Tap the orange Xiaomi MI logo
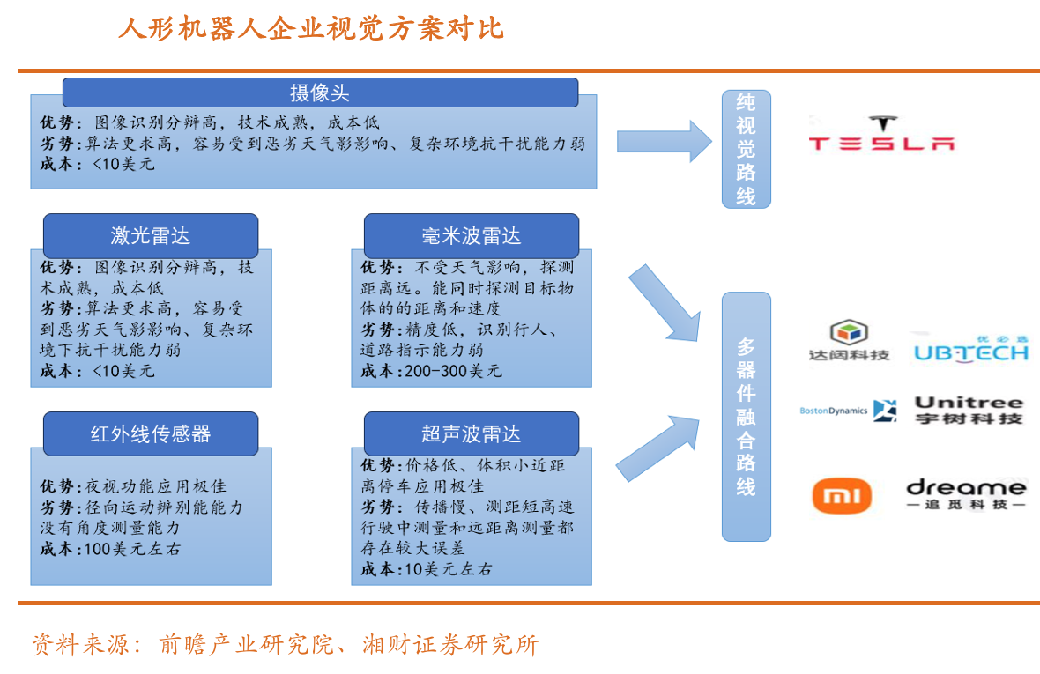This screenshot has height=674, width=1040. point(841,496)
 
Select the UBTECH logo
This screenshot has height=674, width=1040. point(970,349)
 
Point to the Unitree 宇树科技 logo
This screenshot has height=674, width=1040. point(969,410)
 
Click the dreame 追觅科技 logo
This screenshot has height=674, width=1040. point(966,493)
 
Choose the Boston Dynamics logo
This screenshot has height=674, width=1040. point(847,411)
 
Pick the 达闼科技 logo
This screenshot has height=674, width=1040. point(849,342)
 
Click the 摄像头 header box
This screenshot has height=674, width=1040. point(320,93)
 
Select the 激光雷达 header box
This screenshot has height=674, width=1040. point(151,235)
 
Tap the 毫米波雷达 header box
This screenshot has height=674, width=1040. point(471,235)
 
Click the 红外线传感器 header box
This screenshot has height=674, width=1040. point(151,433)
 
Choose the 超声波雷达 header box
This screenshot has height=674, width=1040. point(471,433)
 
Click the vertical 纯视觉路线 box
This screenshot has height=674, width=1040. point(746,149)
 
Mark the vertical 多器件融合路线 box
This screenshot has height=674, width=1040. point(746,416)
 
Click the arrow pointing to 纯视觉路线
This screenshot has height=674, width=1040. point(663,140)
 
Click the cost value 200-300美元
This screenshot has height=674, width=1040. point(454,371)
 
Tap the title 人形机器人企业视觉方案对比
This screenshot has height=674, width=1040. point(310,28)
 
